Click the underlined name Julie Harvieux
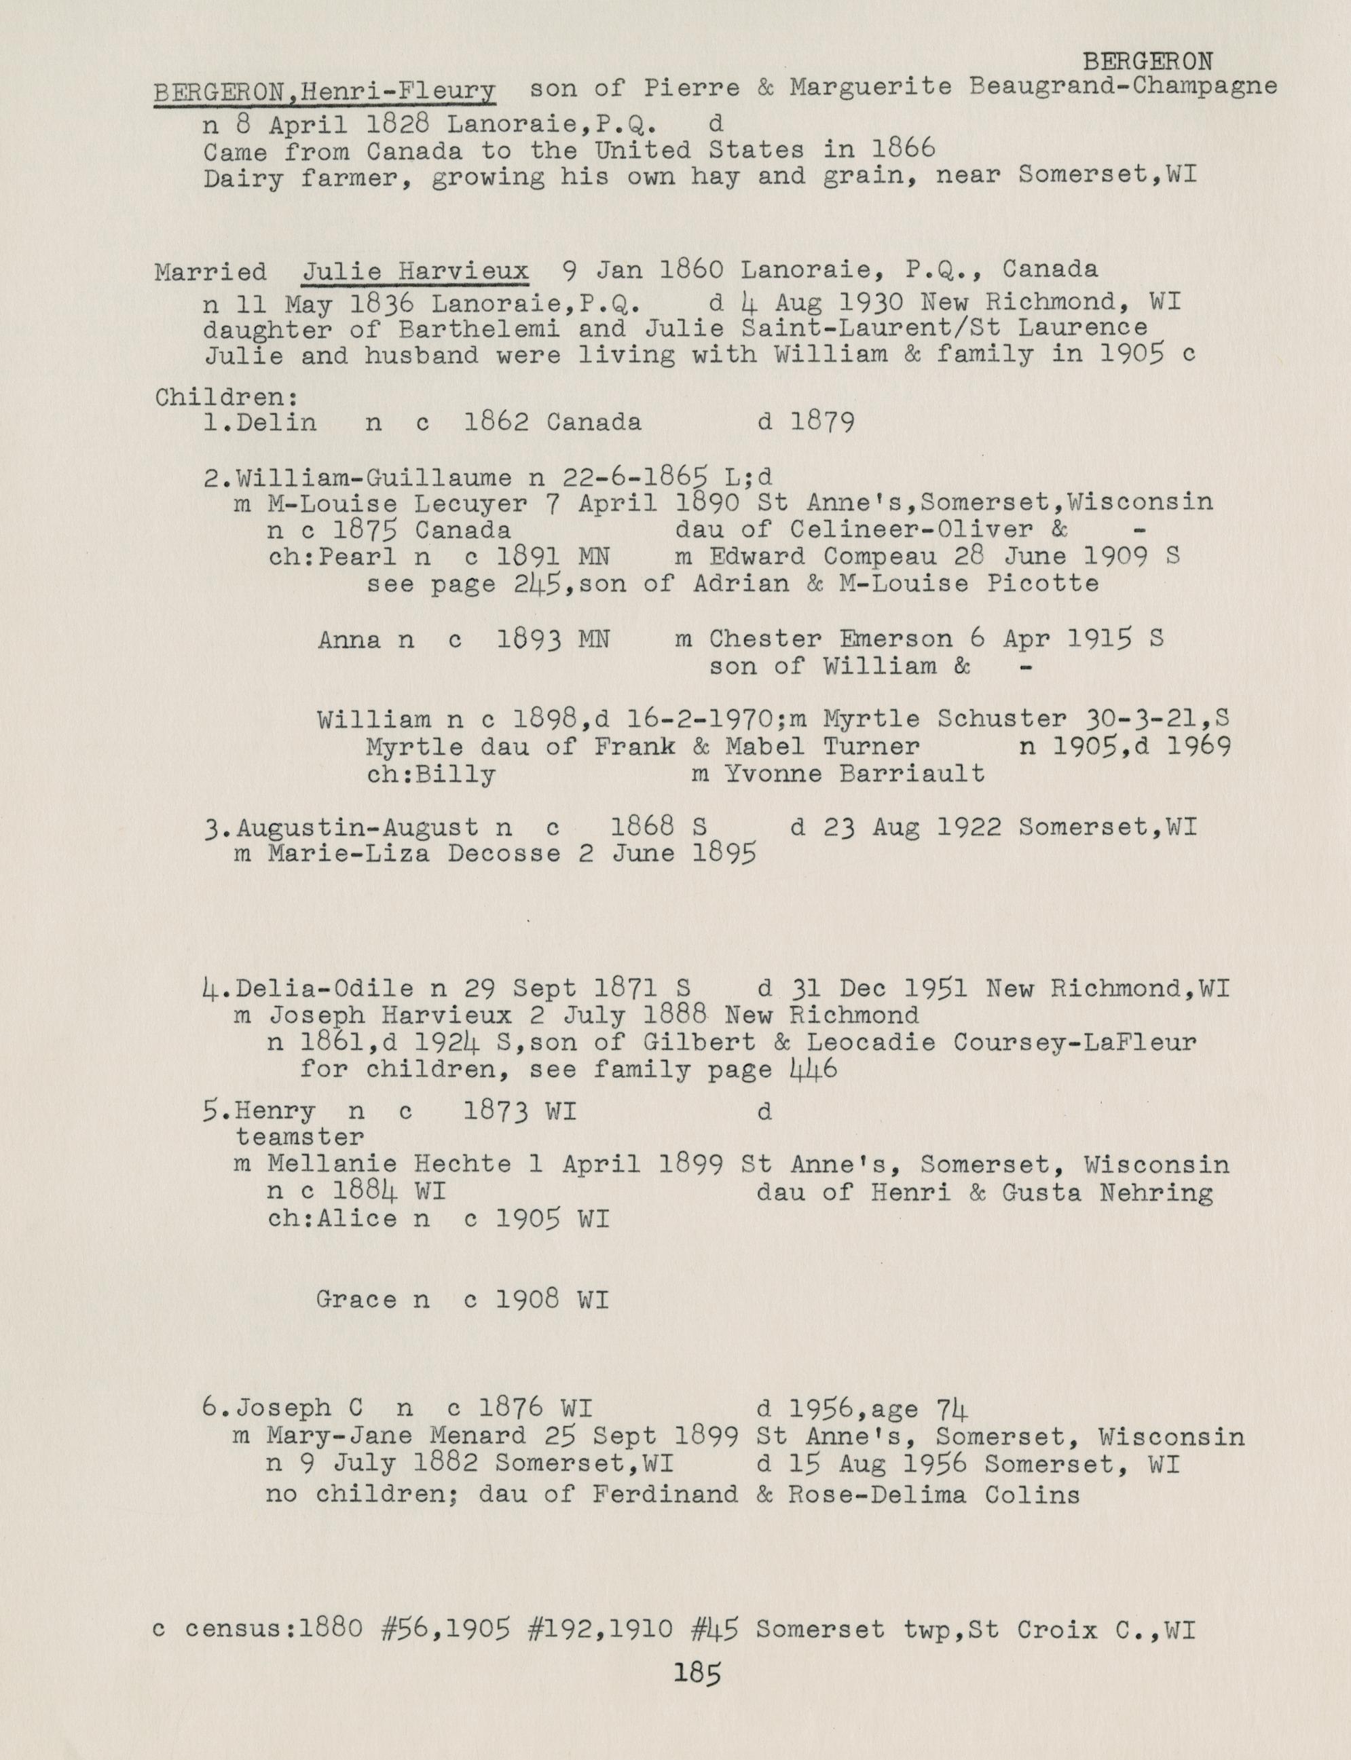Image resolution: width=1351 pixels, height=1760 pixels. [415, 271]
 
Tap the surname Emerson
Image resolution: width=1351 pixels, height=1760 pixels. [895, 639]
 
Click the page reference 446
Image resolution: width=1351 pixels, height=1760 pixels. [814, 1069]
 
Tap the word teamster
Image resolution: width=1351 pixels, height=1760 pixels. [299, 1138]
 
